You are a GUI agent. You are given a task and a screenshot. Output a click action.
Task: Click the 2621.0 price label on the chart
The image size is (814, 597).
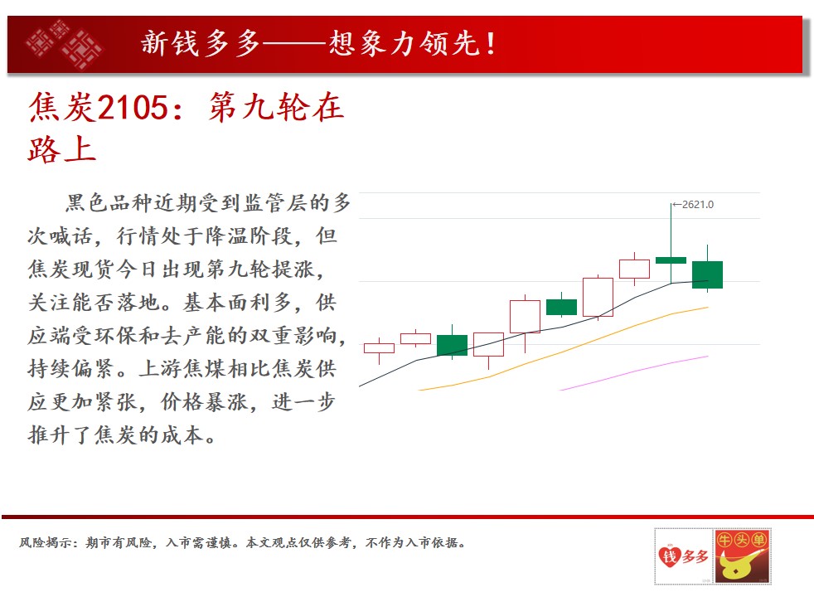[x=698, y=205]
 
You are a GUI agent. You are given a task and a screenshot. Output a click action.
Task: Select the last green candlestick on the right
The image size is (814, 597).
[x=707, y=274]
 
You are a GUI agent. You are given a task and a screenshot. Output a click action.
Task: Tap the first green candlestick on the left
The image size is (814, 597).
[x=452, y=345]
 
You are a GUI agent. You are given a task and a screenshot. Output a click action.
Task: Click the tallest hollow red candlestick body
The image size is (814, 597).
[x=598, y=297]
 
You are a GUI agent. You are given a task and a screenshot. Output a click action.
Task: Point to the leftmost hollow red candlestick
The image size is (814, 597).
[x=379, y=348]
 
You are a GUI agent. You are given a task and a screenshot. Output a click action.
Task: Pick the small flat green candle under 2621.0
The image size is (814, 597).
[x=671, y=260]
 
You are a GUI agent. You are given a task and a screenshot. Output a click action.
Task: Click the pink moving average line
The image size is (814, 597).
[x=634, y=373]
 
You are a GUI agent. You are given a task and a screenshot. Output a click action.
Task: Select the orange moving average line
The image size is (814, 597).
[x=564, y=352]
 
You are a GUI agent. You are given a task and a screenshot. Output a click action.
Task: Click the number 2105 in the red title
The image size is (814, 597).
[x=133, y=108]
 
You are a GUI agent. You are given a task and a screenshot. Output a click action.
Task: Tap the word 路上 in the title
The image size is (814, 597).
[x=62, y=149]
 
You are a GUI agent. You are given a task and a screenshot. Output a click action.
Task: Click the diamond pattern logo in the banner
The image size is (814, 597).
[x=65, y=45]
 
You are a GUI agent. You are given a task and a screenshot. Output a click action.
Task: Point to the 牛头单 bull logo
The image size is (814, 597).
[x=743, y=556]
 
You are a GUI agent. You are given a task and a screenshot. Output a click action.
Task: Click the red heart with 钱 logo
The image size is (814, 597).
[x=669, y=556]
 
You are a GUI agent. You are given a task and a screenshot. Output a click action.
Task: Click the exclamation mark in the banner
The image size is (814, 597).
[x=491, y=43]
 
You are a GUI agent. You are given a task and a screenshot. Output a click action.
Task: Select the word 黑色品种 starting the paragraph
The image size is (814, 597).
[x=109, y=203]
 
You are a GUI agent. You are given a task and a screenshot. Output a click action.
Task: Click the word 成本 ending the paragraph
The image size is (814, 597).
[x=182, y=435]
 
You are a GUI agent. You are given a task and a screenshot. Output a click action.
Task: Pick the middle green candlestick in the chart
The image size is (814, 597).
[x=561, y=307]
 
